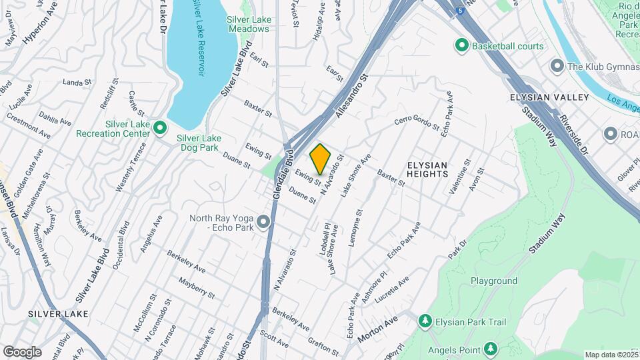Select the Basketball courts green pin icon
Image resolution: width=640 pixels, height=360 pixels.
click(461, 46)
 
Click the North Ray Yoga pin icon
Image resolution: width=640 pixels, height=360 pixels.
click(265, 221)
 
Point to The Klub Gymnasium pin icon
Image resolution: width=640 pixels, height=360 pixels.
click(557, 66)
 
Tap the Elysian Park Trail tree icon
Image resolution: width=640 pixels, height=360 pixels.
click(425, 322)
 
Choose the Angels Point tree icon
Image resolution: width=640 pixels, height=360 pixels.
click(490, 348)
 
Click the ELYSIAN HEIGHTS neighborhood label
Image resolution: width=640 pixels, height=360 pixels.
click(427, 169)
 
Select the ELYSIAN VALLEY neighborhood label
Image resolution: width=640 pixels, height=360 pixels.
click(549, 97)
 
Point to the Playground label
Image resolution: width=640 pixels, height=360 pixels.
click(494, 281)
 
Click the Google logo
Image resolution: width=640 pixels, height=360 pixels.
click(22, 351)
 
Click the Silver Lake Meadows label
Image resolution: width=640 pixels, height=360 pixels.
click(249, 24)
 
